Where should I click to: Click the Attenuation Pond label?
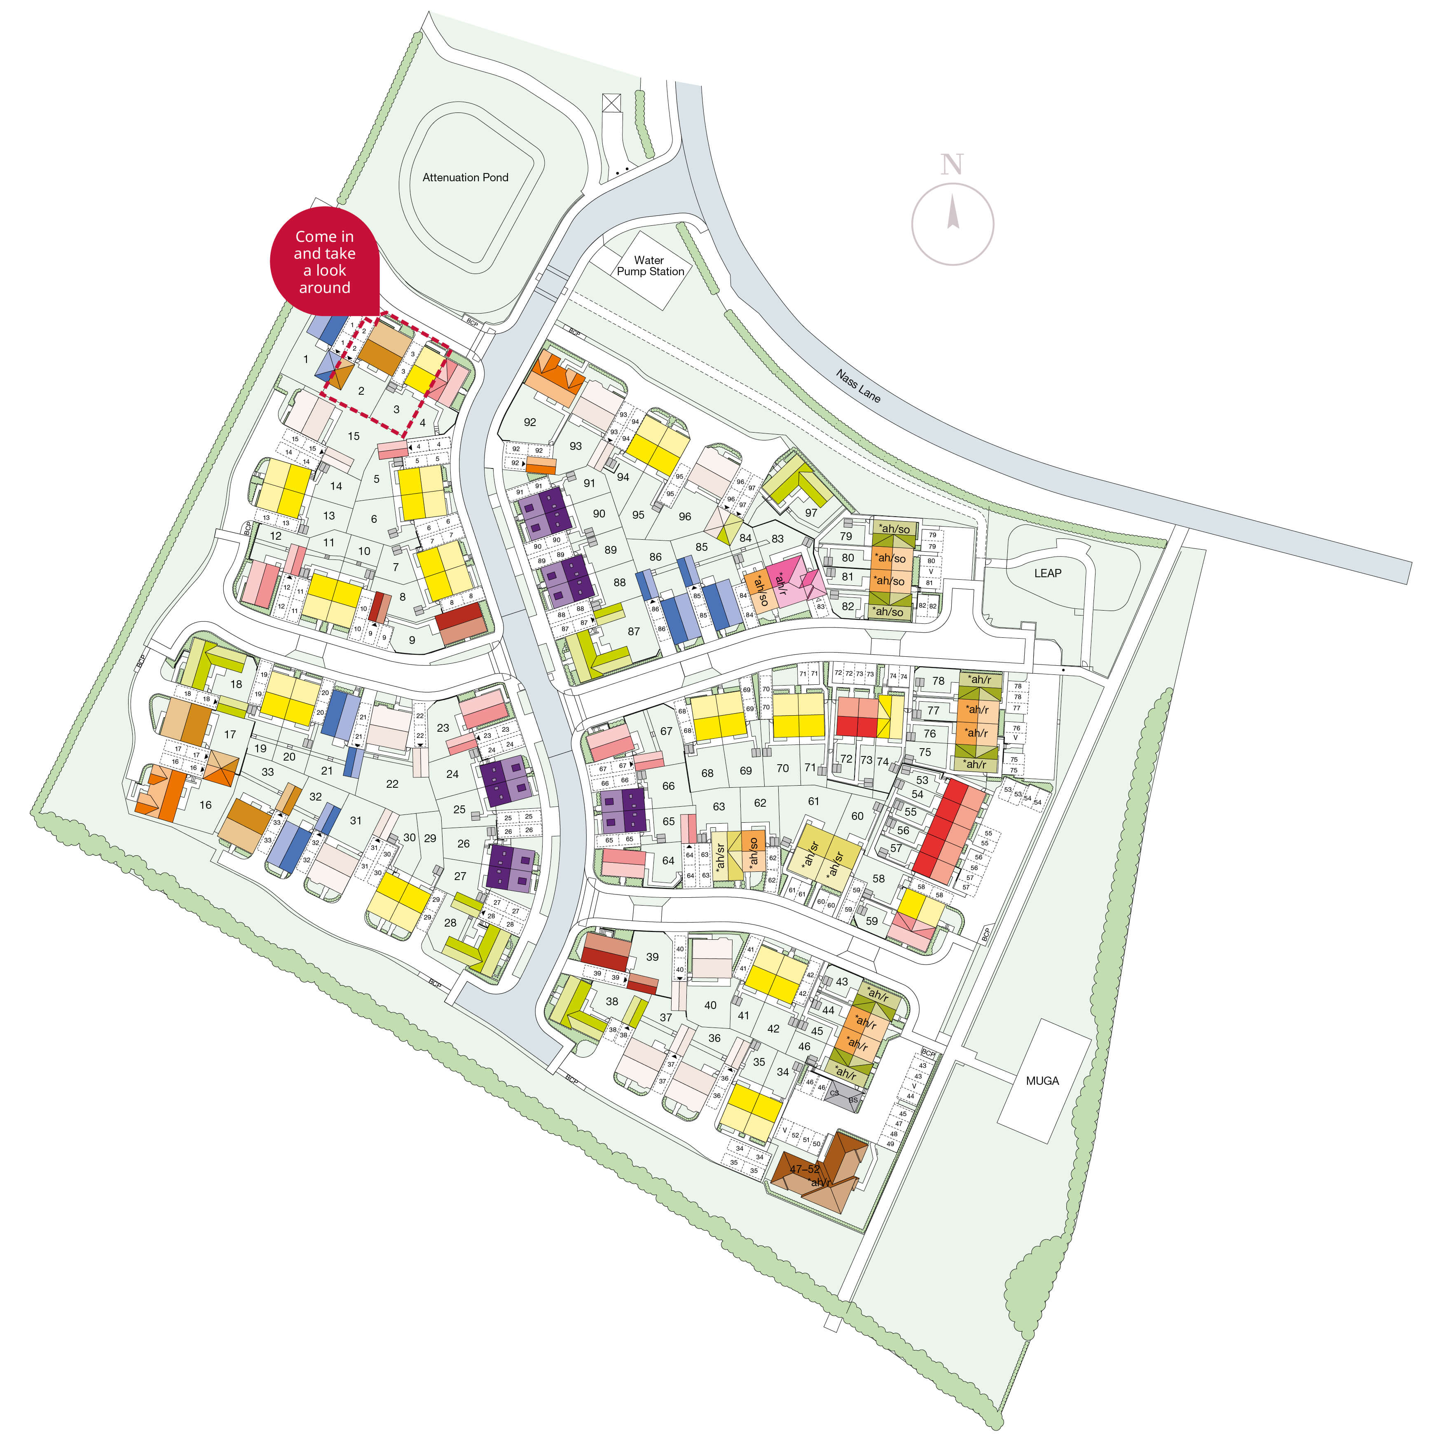click(x=465, y=178)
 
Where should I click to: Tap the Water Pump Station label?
click(x=649, y=266)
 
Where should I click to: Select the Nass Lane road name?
click(x=858, y=386)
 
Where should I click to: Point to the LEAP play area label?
click(x=1047, y=573)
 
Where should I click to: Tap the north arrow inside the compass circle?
click(x=953, y=211)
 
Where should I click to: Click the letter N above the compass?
click(x=952, y=164)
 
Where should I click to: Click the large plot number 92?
click(x=530, y=422)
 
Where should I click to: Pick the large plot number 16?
click(x=205, y=805)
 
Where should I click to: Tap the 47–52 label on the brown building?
click(x=805, y=1169)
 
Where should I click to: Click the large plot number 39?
click(x=652, y=957)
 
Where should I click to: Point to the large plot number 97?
click(x=811, y=513)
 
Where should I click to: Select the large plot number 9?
click(x=412, y=640)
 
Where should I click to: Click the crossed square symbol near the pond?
click(x=611, y=102)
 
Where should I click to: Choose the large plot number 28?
click(x=450, y=922)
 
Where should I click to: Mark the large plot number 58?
click(x=878, y=878)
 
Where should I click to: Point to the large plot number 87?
click(x=634, y=632)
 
